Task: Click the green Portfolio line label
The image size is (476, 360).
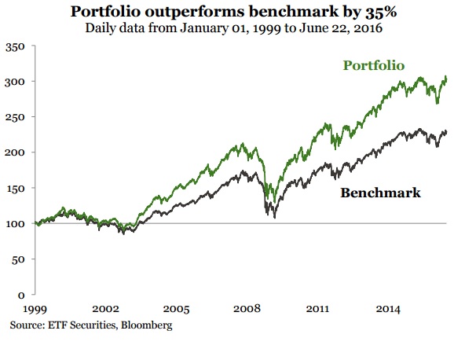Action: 373,65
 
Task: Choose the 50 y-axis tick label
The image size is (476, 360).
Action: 20,259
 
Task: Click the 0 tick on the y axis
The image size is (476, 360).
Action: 24,295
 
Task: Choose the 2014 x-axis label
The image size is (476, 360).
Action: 387,310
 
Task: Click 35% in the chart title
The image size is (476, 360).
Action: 383,13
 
